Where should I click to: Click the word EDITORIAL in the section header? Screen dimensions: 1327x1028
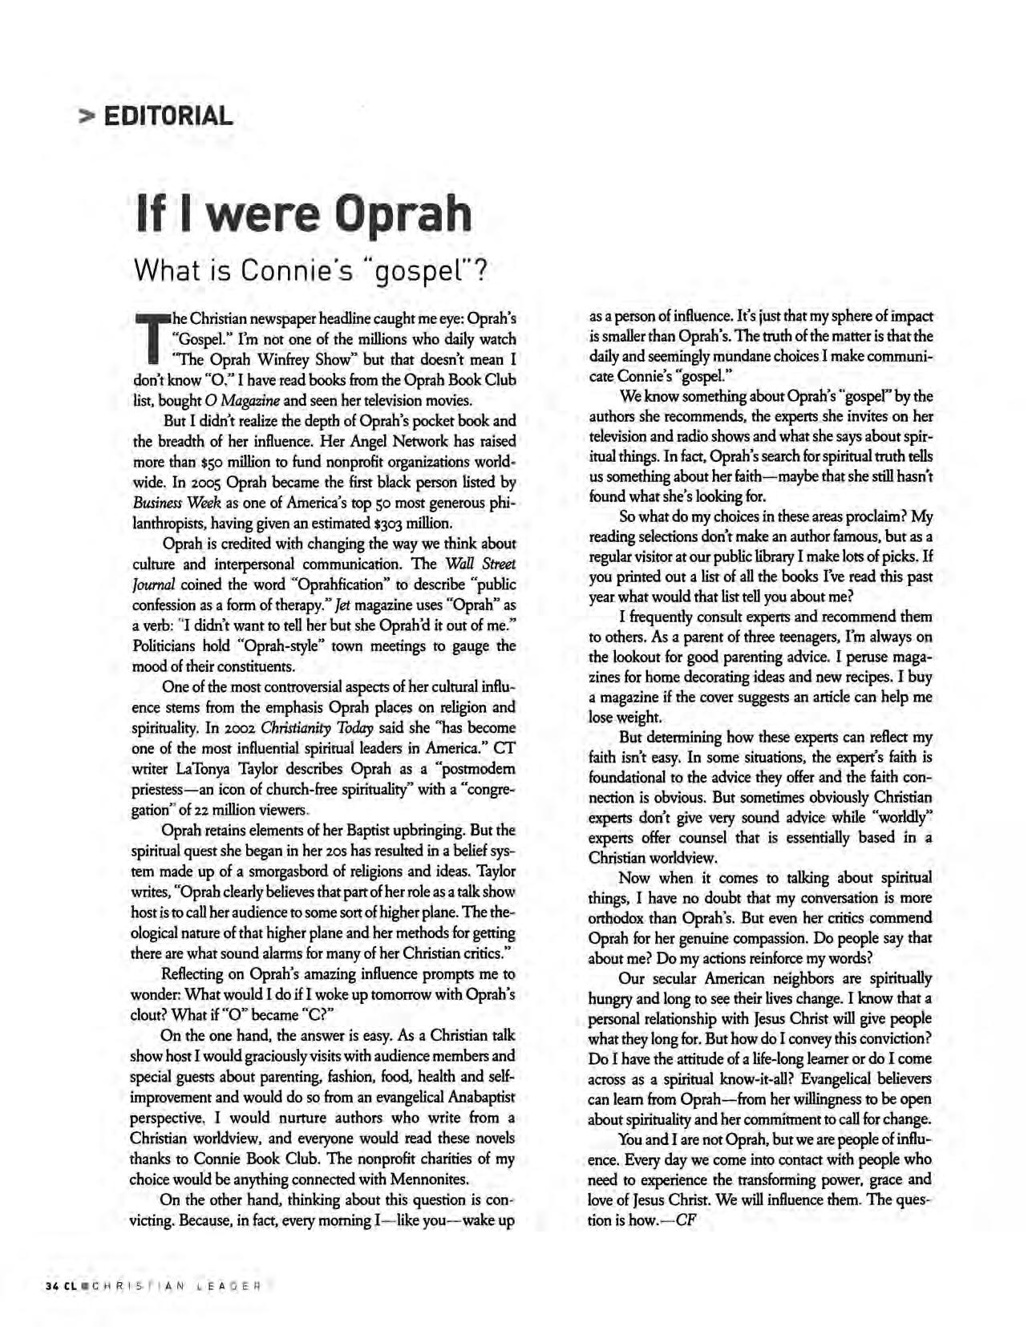[x=168, y=117]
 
